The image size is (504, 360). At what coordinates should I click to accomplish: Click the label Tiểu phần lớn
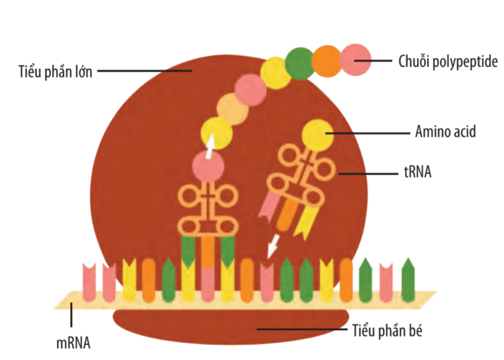[55, 71]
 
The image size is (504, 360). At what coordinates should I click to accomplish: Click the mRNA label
[73, 342]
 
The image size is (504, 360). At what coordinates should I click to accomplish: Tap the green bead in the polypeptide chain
[300, 64]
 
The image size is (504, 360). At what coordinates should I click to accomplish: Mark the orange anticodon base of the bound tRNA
[208, 251]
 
